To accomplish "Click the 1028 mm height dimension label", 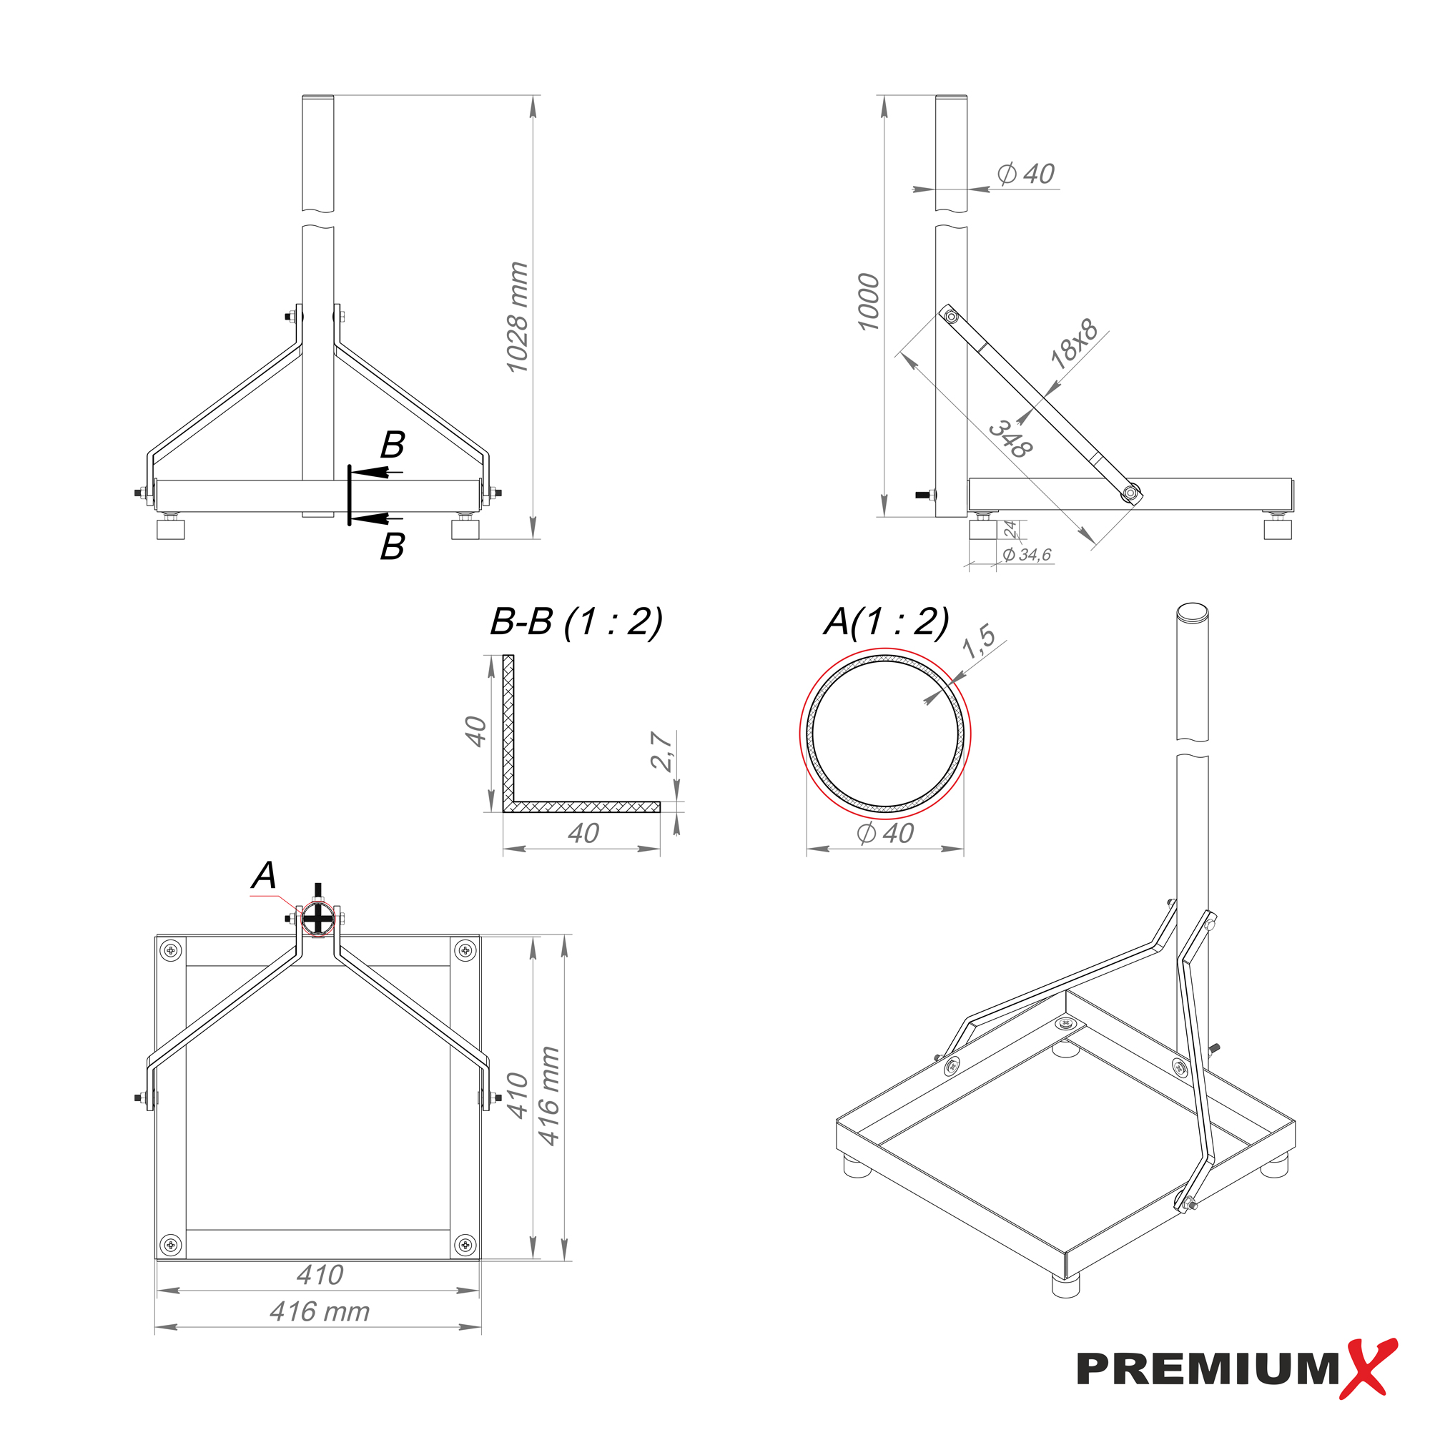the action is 518,317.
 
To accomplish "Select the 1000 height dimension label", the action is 868,302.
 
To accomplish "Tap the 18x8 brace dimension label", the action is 1075,343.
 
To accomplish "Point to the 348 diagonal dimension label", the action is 1011,440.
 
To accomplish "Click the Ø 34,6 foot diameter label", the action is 1027,554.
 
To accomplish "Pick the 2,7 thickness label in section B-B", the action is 661,751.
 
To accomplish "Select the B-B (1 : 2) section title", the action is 576,622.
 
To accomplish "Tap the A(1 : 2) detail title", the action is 887,622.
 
